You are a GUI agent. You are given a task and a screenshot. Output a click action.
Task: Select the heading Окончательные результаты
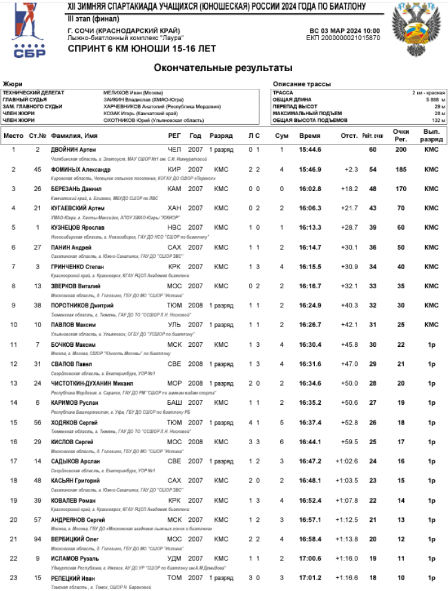223,67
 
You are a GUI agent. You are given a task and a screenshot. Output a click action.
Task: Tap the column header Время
310,136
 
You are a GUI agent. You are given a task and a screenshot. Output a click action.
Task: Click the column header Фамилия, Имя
75,136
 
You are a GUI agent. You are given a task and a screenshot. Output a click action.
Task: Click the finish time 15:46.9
310,169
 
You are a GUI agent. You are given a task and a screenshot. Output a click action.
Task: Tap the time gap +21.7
350,208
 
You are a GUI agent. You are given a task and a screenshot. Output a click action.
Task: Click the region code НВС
174,227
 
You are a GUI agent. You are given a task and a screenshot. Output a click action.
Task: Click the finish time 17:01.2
310,578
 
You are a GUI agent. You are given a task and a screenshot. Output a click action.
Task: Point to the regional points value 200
401,149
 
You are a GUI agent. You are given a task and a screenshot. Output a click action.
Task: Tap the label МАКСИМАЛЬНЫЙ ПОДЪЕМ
307,113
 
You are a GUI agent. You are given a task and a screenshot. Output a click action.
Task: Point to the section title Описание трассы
302,84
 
